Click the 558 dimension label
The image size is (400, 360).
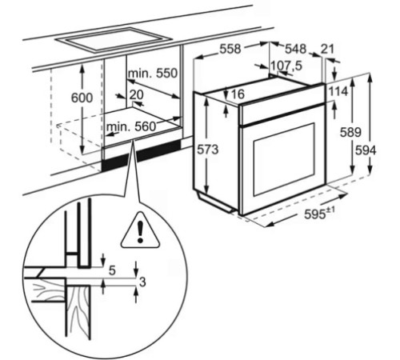tap(230, 49)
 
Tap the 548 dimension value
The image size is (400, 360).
tap(296, 49)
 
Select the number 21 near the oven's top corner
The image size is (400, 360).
tap(327, 49)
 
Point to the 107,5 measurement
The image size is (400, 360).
tap(286, 66)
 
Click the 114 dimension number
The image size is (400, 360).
tap(338, 92)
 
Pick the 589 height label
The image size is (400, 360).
tap(350, 132)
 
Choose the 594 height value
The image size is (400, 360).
tap(366, 150)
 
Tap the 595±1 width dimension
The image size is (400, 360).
tap(319, 214)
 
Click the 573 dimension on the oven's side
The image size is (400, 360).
tap(208, 150)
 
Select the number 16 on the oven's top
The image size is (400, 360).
tap(238, 94)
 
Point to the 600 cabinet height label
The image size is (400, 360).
tap(82, 98)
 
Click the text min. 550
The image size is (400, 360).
tap(153, 74)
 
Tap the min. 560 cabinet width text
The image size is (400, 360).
tap(131, 126)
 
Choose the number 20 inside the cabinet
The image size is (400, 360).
tap(137, 94)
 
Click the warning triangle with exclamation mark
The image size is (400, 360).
tap(140, 230)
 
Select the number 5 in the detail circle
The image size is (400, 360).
tap(112, 270)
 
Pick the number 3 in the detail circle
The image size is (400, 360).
tap(142, 282)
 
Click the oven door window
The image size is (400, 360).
tap(284, 159)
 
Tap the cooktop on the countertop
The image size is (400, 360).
tap(114, 39)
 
